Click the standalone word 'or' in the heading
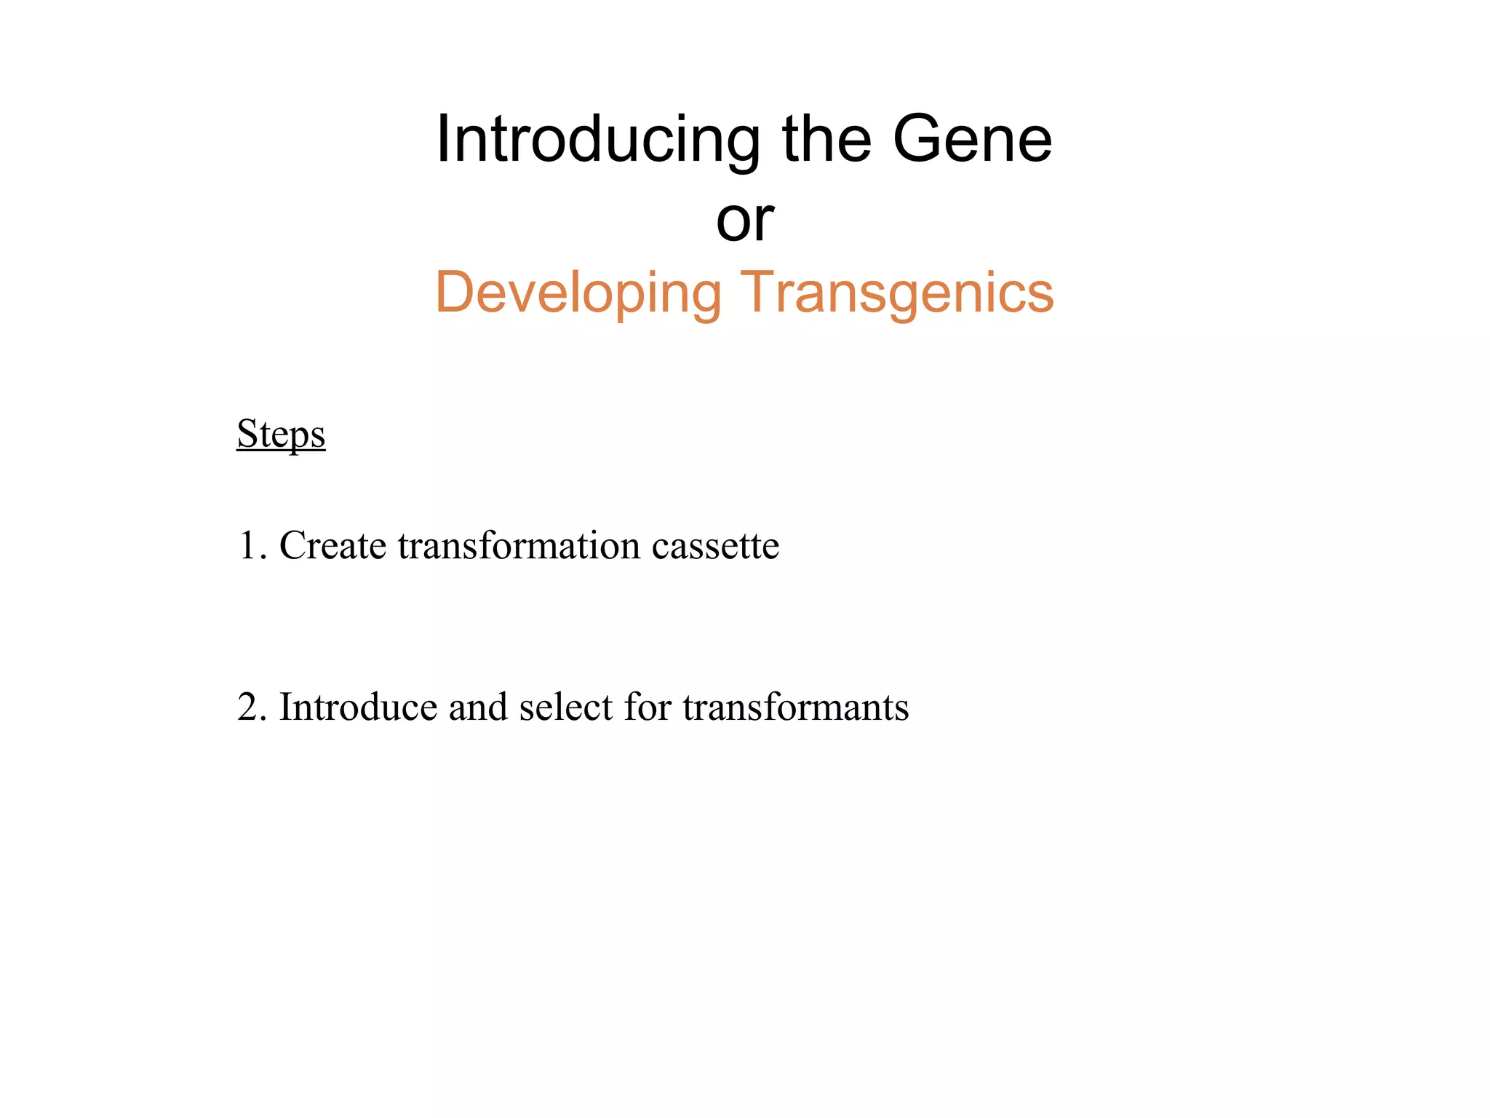(x=744, y=221)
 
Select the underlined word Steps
(x=281, y=435)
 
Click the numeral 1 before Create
(x=247, y=546)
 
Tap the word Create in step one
(x=332, y=546)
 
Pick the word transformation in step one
(x=519, y=546)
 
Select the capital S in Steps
(x=247, y=435)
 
